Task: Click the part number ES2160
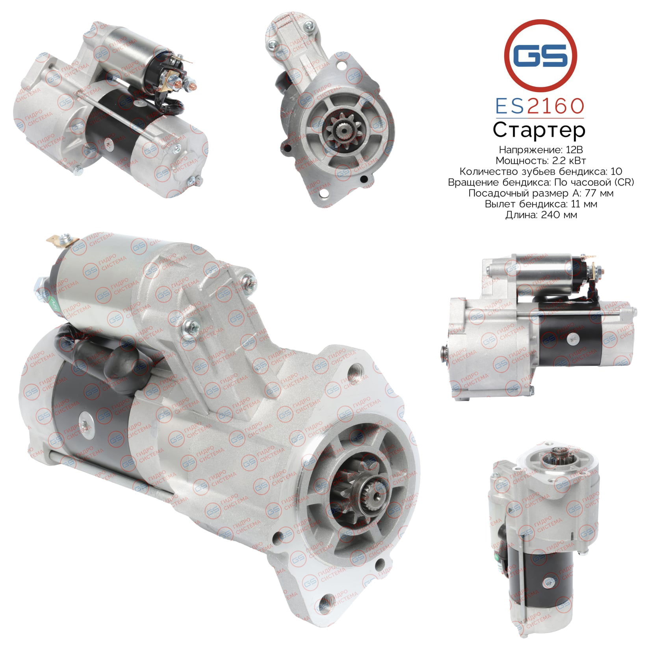tap(540, 106)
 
